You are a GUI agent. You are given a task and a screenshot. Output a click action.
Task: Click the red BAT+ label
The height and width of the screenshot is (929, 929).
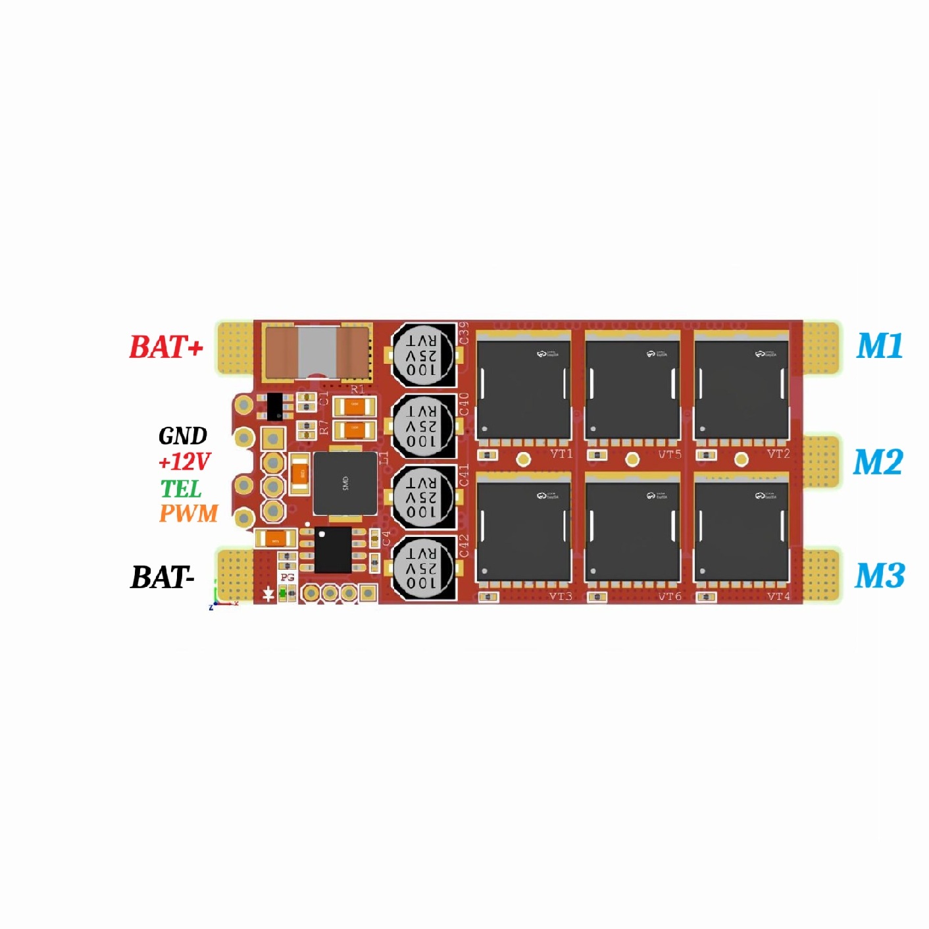point(166,347)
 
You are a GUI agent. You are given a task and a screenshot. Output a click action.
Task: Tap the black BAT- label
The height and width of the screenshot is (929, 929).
point(163,577)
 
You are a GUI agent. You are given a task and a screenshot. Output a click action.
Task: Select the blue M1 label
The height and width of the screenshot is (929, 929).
point(879,345)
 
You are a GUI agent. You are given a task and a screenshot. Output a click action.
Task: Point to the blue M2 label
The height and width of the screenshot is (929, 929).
point(878,462)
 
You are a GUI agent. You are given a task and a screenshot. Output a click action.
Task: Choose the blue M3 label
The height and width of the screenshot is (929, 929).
point(879,576)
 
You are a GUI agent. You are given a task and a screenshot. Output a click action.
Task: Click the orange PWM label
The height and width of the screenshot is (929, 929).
point(188,513)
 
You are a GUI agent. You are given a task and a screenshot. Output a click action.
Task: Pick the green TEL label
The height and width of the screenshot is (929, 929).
point(181,488)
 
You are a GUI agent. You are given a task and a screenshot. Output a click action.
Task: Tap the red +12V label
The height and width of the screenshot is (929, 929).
point(184,462)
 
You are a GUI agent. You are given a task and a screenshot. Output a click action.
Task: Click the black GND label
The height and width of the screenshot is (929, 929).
point(183,436)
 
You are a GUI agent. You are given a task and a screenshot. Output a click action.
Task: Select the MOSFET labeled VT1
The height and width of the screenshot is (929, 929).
point(523,388)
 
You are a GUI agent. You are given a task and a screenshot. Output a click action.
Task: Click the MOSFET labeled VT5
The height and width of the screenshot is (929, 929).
point(632,388)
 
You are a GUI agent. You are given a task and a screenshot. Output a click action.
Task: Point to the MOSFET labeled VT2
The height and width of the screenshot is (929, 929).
point(741,388)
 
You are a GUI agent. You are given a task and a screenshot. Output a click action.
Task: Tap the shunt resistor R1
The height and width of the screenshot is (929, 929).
point(317,352)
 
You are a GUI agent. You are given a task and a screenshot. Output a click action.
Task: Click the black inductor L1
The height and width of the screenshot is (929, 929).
point(345,484)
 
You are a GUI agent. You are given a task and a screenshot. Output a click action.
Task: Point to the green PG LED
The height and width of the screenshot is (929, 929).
point(283,594)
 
